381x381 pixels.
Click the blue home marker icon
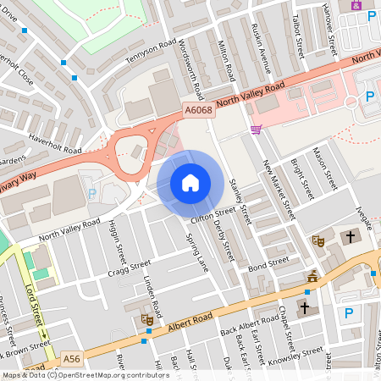pos(190,183)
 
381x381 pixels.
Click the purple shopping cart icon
pos(256,129)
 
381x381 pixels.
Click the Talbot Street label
pos(297,36)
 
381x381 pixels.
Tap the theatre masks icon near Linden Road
pos(147,319)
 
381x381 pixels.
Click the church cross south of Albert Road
pos(305,306)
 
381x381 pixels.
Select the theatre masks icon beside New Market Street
pos(319,240)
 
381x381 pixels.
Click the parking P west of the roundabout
pos(92,193)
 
